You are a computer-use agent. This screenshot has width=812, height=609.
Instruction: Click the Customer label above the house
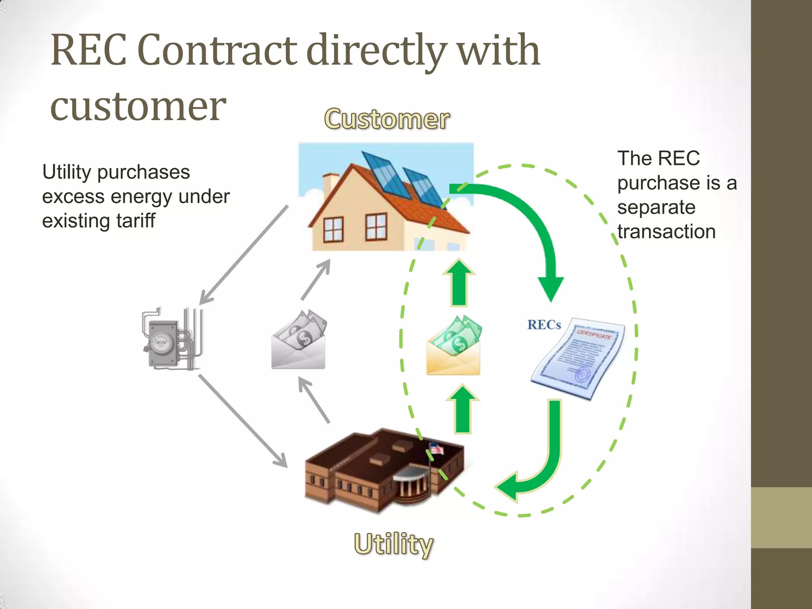point(387,119)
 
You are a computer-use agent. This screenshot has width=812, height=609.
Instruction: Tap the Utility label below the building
point(393,544)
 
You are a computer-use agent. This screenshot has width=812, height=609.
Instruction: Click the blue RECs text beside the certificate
point(544,325)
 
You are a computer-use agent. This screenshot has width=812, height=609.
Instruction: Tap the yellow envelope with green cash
point(454,347)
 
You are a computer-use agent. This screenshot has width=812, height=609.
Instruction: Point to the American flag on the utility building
point(437,448)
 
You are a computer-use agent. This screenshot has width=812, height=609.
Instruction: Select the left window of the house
point(333,229)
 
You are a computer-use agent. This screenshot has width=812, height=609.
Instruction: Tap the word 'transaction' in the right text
point(666,232)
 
